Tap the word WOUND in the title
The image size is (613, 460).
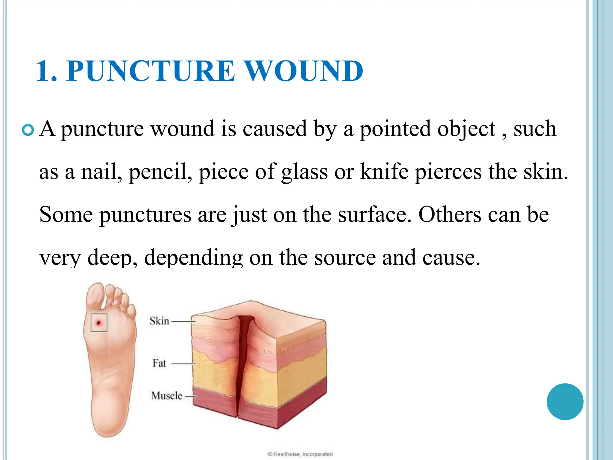click(304, 71)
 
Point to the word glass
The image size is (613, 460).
click(304, 172)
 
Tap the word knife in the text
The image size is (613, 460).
click(384, 172)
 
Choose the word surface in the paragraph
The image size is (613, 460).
click(375, 215)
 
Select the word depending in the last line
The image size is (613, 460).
click(193, 258)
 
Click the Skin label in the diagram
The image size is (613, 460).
click(159, 321)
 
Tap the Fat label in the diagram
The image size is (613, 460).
click(159, 363)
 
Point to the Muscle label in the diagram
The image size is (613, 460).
click(166, 396)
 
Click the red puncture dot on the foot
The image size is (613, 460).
click(98, 323)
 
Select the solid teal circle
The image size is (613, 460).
click(565, 402)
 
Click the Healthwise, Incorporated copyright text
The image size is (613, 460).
click(300, 454)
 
